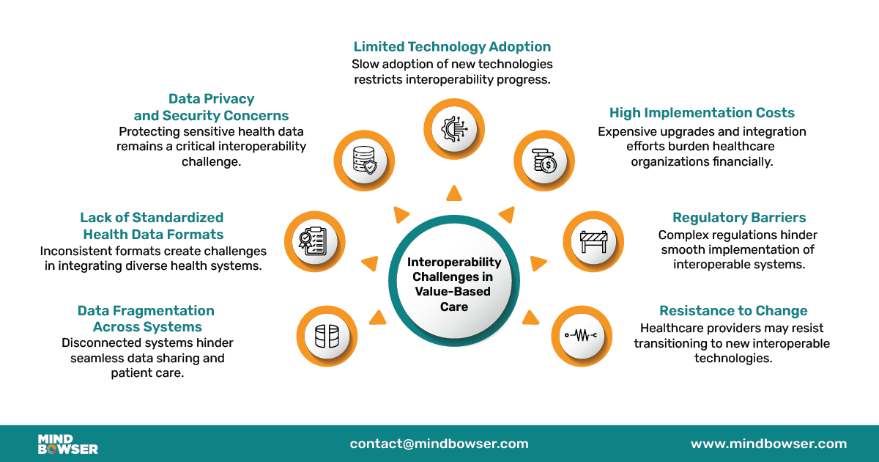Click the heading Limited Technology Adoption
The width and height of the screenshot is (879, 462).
(x=452, y=47)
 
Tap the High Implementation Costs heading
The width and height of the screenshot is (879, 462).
(x=702, y=113)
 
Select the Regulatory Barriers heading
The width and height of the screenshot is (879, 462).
(x=739, y=217)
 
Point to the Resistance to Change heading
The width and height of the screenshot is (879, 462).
(x=733, y=310)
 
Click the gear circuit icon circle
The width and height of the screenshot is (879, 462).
(x=454, y=129)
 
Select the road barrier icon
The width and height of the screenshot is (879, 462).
(x=594, y=241)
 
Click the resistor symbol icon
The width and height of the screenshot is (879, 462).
(x=581, y=336)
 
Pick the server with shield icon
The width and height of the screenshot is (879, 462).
(x=364, y=161)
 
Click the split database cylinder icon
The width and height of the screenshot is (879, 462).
(x=327, y=337)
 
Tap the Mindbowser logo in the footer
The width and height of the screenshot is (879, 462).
(x=67, y=444)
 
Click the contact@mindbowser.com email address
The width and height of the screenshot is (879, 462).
(x=439, y=444)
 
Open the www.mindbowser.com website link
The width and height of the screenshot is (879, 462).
(x=768, y=444)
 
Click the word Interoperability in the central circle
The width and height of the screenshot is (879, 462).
(x=454, y=262)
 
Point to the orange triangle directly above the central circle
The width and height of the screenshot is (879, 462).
(x=454, y=193)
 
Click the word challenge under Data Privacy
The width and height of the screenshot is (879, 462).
(x=210, y=161)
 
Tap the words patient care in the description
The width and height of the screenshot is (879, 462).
(x=147, y=373)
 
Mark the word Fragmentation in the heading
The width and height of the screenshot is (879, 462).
(x=163, y=310)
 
